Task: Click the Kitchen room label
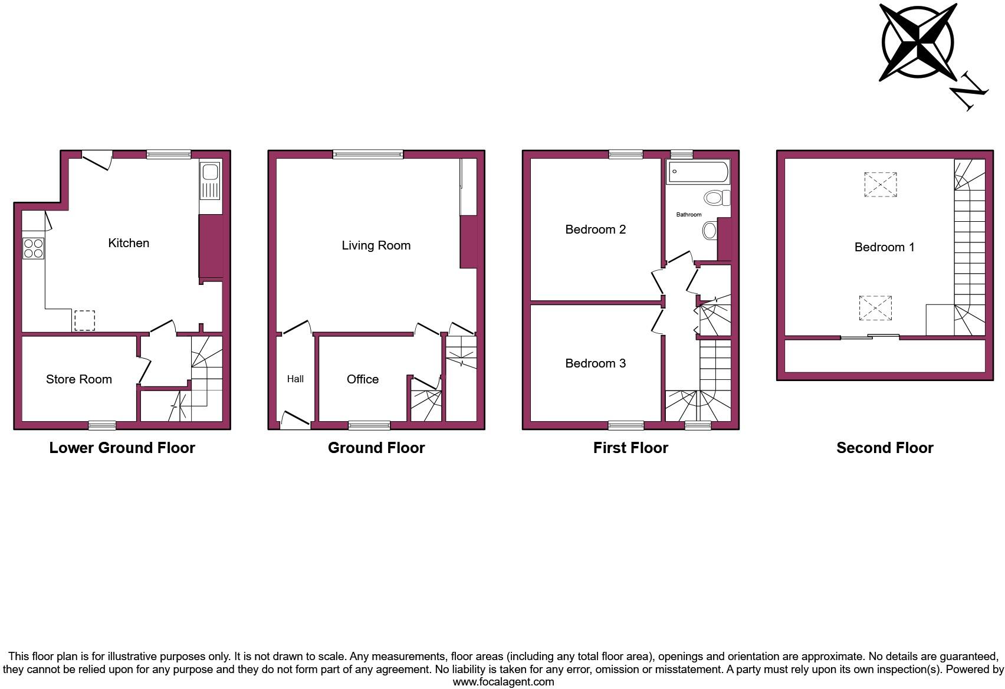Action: tap(129, 243)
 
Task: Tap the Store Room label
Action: tap(79, 379)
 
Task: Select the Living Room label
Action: tap(376, 245)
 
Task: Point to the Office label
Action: tap(363, 379)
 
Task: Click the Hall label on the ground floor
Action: tap(295, 379)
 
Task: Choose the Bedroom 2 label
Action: tap(596, 229)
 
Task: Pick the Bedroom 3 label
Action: tap(596, 363)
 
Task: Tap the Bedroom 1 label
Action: tap(885, 247)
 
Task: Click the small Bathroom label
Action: tap(689, 215)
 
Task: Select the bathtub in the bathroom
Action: tap(698, 172)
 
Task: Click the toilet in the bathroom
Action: tap(717, 198)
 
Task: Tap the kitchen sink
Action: tap(210, 173)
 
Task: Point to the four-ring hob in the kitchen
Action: tap(33, 248)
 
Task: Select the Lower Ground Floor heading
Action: tap(122, 448)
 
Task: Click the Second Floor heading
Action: tap(885, 448)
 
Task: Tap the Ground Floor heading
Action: tap(376, 448)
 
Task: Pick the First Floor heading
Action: tap(630, 448)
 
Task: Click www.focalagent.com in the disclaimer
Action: tap(503, 682)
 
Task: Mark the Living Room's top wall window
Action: tap(368, 155)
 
